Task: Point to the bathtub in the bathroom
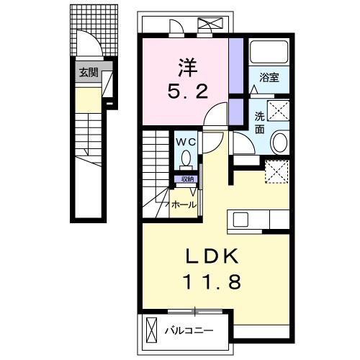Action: click(268, 53)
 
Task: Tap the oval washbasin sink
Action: click(279, 141)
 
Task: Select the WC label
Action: click(184, 142)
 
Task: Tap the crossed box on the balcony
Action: click(151, 331)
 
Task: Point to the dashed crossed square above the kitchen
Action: click(276, 171)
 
